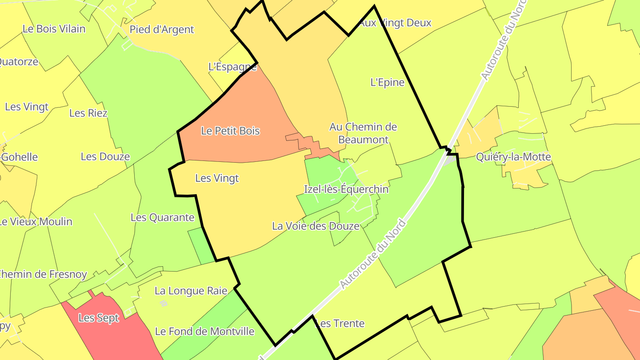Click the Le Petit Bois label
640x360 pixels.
point(230,131)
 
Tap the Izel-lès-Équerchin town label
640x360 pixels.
point(346,189)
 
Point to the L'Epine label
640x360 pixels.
point(388,82)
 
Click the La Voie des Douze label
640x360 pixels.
point(316,226)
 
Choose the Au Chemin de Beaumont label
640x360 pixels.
point(363,133)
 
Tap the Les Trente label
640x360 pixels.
point(340,324)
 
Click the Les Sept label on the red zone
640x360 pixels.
point(99,318)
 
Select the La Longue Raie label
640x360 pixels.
point(191,291)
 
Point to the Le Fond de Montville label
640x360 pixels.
point(204,332)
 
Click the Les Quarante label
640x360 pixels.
point(162,217)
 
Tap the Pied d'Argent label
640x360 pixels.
point(162,30)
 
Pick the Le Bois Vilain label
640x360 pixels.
point(54,29)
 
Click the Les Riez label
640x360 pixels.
point(88,113)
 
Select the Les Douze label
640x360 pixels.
point(105,156)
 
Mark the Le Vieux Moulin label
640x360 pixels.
point(36,222)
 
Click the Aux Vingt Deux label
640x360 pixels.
point(396,23)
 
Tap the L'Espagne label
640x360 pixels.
point(232,67)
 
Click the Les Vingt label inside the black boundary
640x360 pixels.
point(217,178)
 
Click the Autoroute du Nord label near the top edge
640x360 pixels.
point(502,40)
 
